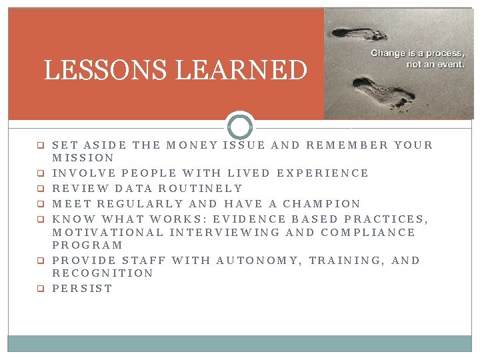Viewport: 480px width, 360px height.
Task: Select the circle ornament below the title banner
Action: point(240,126)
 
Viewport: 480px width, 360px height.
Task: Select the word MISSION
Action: point(83,158)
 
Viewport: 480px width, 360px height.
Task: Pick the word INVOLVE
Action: point(83,173)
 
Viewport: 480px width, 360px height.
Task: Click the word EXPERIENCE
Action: point(323,173)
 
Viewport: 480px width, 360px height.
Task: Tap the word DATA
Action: point(135,189)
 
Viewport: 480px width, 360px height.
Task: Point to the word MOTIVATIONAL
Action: point(107,233)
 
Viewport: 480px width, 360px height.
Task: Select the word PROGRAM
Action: point(87,245)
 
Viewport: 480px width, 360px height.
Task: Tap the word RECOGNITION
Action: point(103,273)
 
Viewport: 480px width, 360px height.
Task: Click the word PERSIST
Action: point(82,289)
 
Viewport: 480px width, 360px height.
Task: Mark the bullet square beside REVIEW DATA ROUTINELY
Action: point(40,189)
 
